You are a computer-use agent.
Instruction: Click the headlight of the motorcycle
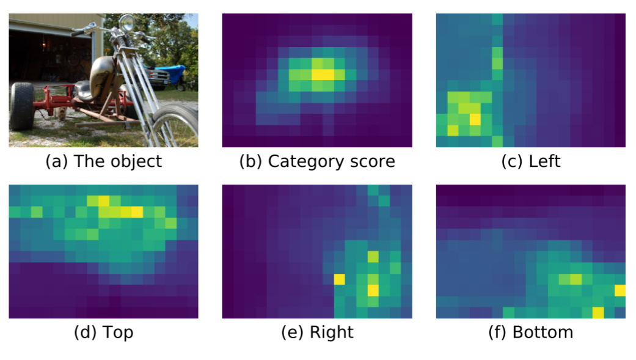point(128,23)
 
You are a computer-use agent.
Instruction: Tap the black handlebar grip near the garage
point(76,34)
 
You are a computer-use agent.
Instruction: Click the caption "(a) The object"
point(104,161)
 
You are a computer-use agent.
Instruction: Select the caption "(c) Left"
point(530,161)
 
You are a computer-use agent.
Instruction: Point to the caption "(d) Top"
point(103,332)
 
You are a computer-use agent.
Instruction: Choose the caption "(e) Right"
point(316,332)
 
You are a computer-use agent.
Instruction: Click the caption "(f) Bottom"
point(530,332)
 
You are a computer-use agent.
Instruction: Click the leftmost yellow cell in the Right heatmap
point(340,279)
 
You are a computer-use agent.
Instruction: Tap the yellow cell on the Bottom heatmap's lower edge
point(598,313)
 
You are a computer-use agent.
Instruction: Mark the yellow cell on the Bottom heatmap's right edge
point(620,290)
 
